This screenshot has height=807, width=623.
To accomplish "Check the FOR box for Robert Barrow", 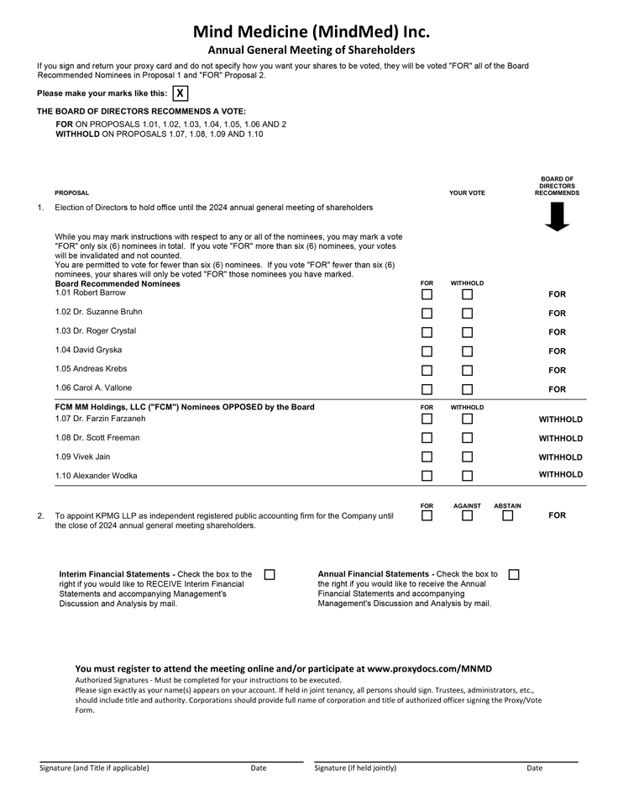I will tap(427, 294).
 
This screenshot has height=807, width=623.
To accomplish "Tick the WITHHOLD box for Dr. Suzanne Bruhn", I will tap(467, 314).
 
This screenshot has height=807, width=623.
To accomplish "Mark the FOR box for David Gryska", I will tap(427, 351).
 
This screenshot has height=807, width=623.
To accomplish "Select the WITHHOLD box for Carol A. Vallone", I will tap(467, 389).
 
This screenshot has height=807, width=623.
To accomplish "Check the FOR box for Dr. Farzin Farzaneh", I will tap(427, 419).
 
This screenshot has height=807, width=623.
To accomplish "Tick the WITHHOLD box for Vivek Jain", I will tap(467, 457).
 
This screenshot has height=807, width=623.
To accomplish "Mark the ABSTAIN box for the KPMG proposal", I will tap(507, 515).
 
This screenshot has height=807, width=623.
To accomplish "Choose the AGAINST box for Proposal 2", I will tap(467, 515).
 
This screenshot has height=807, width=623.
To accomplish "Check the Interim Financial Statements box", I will tap(270, 574).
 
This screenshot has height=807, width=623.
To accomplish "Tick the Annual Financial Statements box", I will tap(514, 574).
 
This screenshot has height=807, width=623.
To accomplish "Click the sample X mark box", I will tap(180, 93).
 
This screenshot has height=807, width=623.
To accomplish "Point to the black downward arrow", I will tap(557, 217).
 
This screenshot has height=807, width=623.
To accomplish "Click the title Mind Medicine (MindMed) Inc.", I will tap(311, 32).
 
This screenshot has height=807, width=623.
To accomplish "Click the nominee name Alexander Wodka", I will tap(96, 476).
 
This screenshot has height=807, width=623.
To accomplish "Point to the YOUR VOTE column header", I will tap(467, 193).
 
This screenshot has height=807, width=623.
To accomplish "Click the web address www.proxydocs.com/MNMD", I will tap(429, 668).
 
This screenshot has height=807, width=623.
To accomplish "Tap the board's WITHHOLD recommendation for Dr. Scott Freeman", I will tap(560, 438).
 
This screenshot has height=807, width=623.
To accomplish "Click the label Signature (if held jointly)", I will tap(355, 767).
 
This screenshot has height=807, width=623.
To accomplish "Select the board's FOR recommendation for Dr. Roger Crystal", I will tap(557, 332).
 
